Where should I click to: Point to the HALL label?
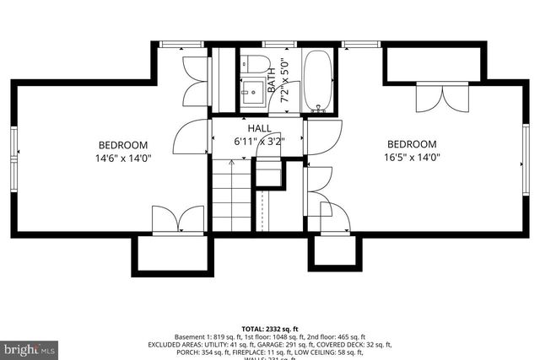click(x=258, y=128)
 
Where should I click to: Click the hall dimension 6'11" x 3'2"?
click(x=259, y=142)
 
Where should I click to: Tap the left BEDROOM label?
click(x=123, y=144)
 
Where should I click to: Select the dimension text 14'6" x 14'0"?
click(x=123, y=158)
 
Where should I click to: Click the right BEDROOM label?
click(x=412, y=144)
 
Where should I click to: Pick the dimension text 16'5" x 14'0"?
click(x=412, y=158)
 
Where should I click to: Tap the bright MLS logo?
click(x=29, y=347)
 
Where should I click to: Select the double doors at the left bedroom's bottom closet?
click(x=176, y=219)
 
